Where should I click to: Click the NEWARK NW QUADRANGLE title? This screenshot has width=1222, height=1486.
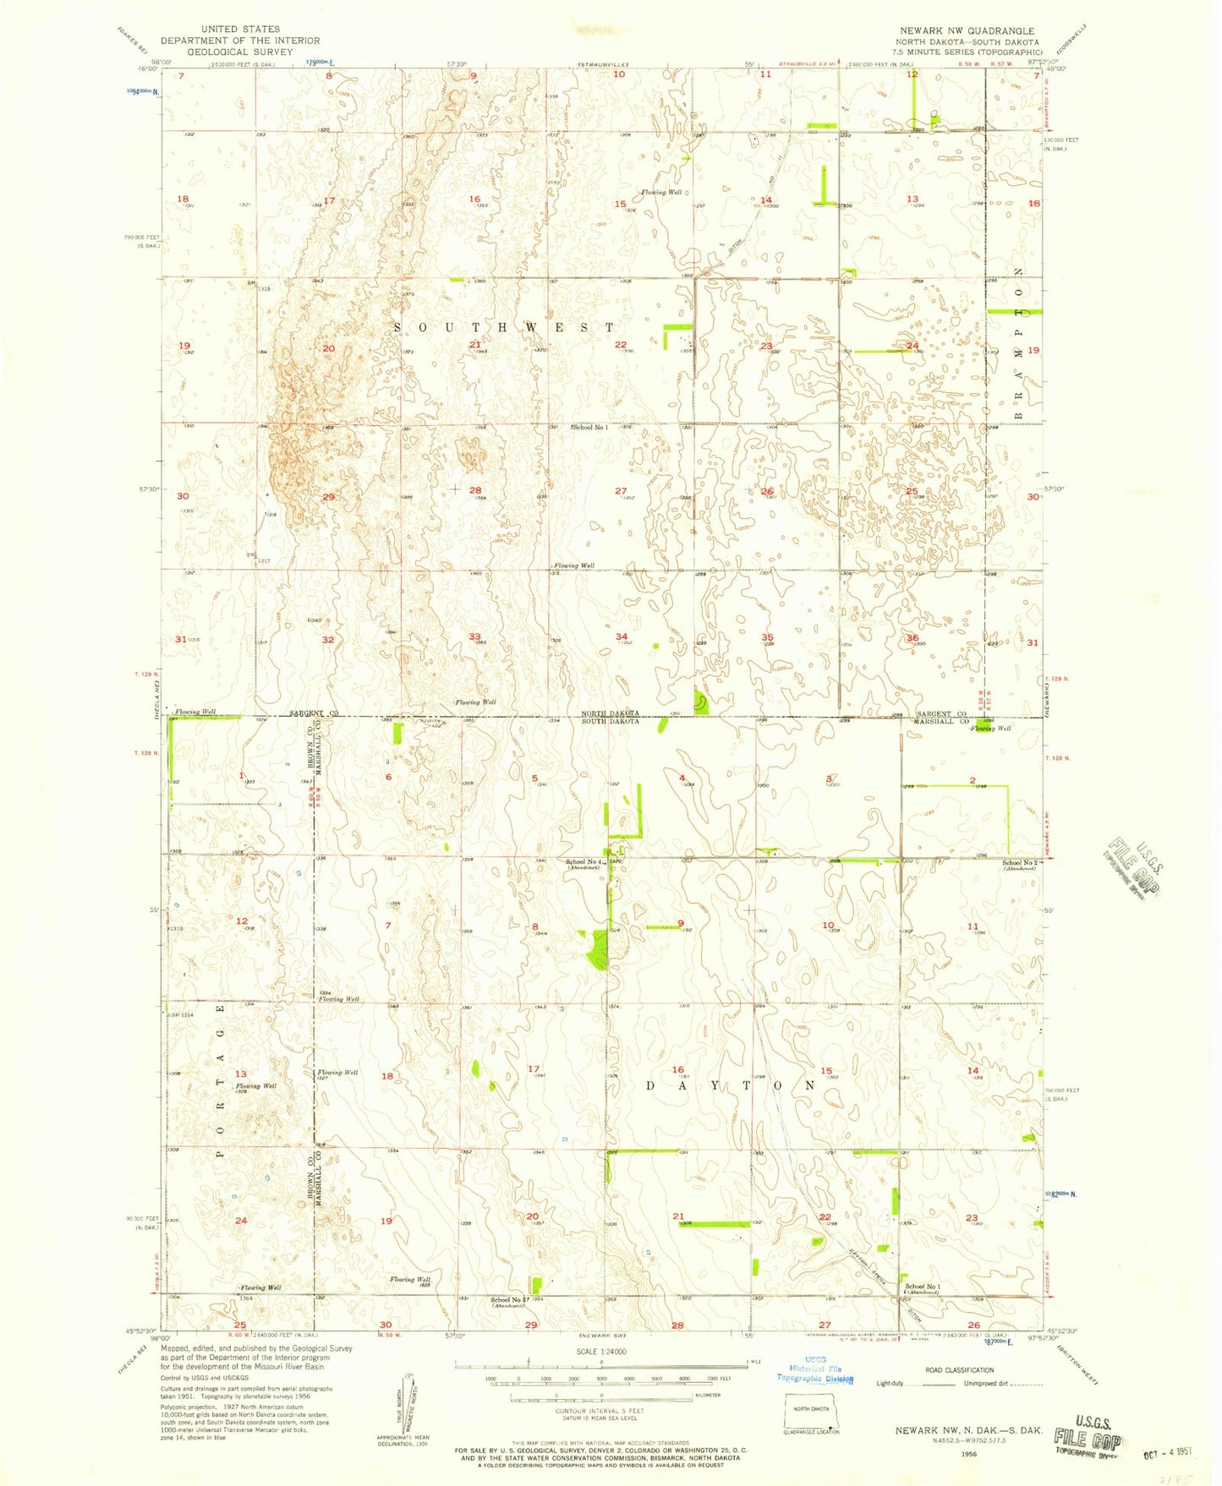click(967, 30)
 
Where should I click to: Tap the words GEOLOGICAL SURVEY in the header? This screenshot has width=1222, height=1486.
click(240, 52)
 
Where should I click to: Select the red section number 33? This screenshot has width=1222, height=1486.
click(475, 636)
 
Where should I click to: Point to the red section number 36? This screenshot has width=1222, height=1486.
click(912, 638)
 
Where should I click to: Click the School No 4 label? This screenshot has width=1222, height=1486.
click(583, 862)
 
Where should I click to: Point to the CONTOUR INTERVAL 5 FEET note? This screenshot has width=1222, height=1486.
click(600, 1412)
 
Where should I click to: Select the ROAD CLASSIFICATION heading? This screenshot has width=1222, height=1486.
click(959, 1370)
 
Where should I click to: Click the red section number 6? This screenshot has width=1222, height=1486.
click(389, 778)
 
